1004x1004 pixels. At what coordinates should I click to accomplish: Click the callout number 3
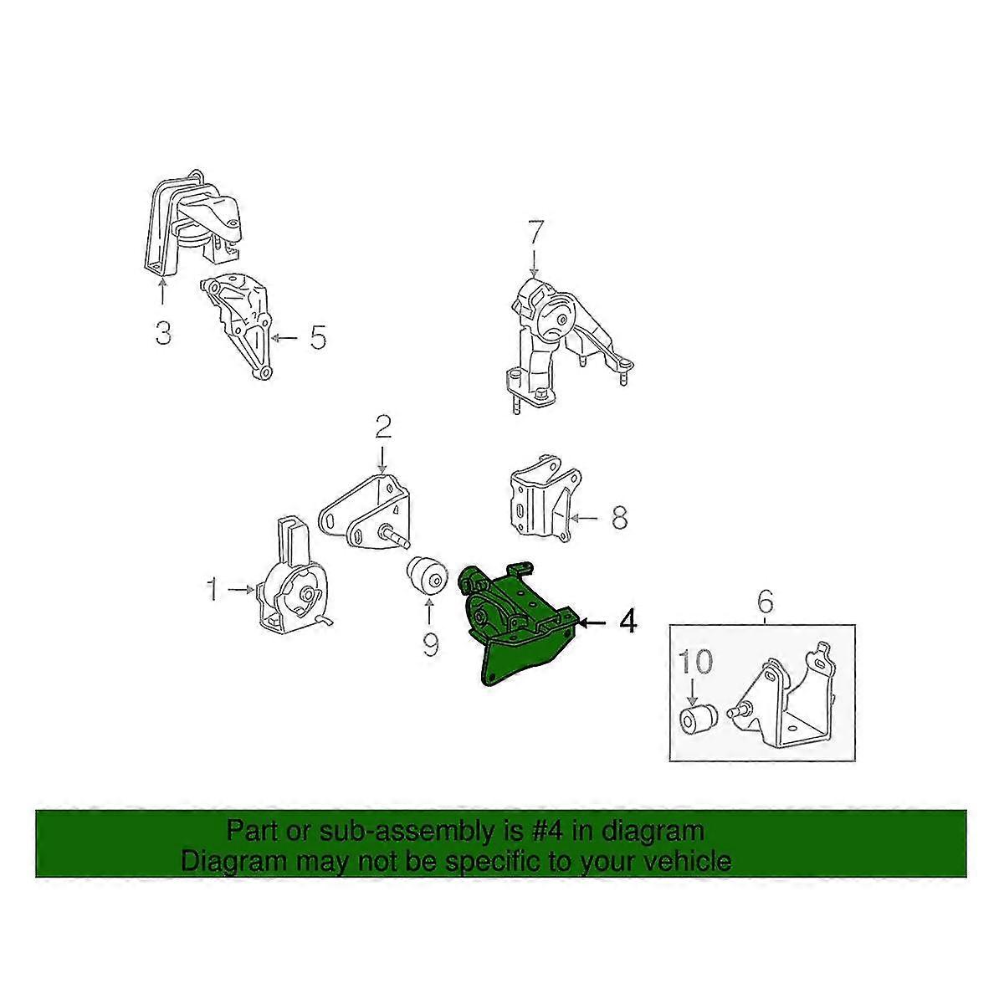coord(163,334)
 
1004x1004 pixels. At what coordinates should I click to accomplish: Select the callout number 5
coord(318,338)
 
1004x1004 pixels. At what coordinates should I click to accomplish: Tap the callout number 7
coord(535,232)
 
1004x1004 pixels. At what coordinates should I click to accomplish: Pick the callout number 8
coord(619,519)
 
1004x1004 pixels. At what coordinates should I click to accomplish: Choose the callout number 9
coord(429,645)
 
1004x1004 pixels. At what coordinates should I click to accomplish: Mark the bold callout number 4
coord(627,622)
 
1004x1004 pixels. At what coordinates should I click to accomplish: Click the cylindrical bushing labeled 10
coord(695,717)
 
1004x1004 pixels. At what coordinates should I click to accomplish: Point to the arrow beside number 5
coord(284,338)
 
